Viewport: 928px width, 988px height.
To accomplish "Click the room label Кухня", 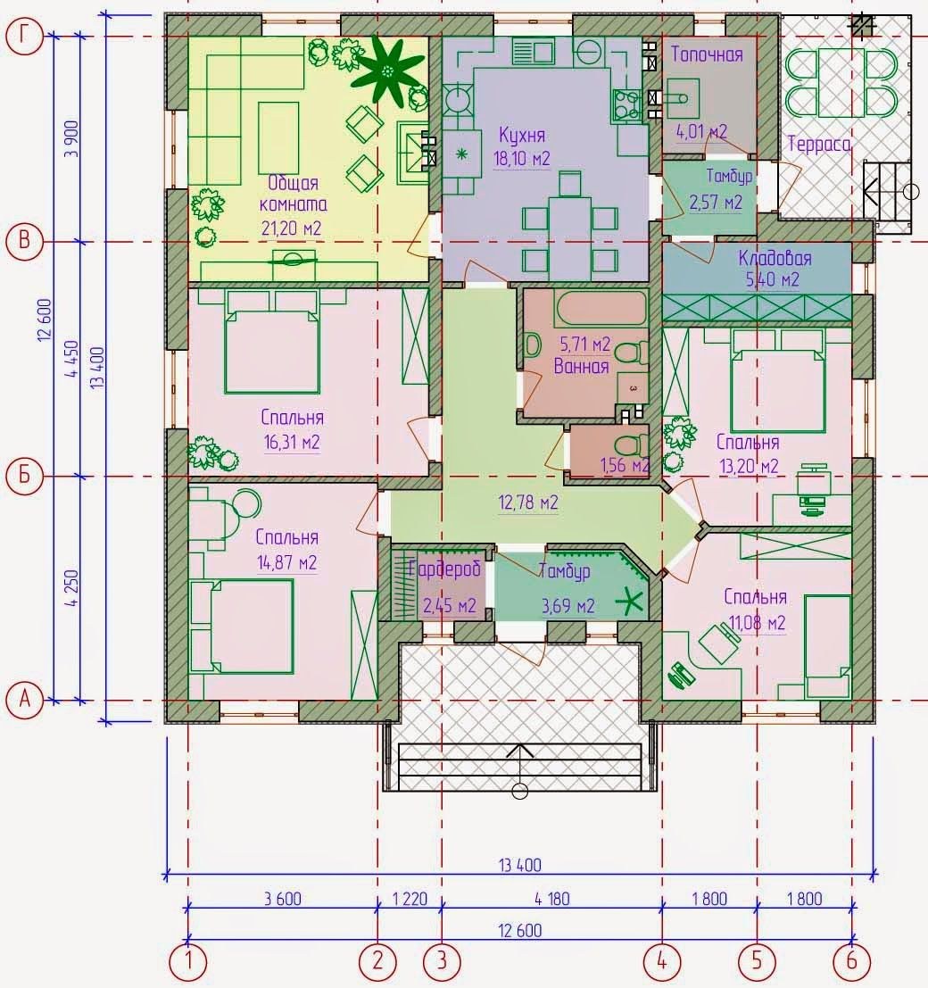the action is (x=522, y=136).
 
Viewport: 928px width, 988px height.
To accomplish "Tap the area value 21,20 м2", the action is (x=291, y=228).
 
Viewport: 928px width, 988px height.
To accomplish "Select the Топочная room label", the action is (x=706, y=54).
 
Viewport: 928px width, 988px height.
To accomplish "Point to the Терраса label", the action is (x=819, y=145).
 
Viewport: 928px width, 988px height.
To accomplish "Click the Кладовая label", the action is (x=775, y=258).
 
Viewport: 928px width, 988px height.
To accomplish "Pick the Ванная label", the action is (x=581, y=366).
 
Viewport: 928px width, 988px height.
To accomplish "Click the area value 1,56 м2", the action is (x=625, y=466).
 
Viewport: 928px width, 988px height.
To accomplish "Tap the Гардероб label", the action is (x=444, y=569).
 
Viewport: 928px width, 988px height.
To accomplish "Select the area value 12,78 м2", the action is (x=528, y=502).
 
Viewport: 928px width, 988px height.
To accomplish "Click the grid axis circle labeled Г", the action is (x=24, y=37).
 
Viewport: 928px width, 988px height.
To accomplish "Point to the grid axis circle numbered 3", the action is (x=442, y=961).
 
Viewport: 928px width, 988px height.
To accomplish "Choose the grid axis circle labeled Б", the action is (x=24, y=476).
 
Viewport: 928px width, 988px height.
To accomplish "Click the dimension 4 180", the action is (x=551, y=899).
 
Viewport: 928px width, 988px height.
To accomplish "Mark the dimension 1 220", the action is (x=410, y=899).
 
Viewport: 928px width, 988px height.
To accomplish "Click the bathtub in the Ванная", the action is (x=601, y=307).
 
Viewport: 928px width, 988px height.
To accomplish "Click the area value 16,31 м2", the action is (x=292, y=443).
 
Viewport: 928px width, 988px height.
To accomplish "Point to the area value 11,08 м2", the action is (x=757, y=623).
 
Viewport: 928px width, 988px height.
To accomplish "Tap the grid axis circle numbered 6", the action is (x=852, y=961).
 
